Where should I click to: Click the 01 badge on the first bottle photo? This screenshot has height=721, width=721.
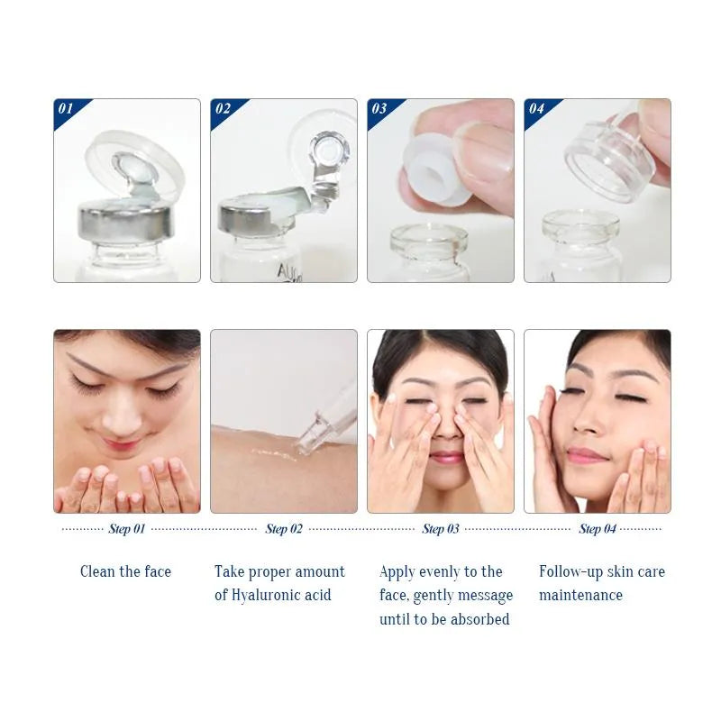coord(65,109)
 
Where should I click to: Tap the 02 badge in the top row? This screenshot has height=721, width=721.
coord(222,109)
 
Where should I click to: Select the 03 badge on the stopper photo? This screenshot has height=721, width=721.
coord(379,109)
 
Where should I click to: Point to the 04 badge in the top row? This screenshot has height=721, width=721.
coord(535,109)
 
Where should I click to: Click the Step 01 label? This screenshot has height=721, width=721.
coord(126,529)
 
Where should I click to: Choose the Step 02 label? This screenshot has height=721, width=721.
coord(283,529)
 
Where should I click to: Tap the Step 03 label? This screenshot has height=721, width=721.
coord(440,529)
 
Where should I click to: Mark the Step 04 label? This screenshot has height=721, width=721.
coord(597,529)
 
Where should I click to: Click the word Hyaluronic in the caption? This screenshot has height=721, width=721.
coord(269,595)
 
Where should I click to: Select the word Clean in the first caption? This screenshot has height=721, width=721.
coord(97,571)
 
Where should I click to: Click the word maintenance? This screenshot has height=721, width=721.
coord(580,595)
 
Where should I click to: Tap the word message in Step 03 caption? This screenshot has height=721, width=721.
coord(483,595)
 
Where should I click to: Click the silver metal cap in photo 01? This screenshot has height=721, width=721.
coord(126,221)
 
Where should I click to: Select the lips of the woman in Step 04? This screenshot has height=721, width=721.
coord(587,455)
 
